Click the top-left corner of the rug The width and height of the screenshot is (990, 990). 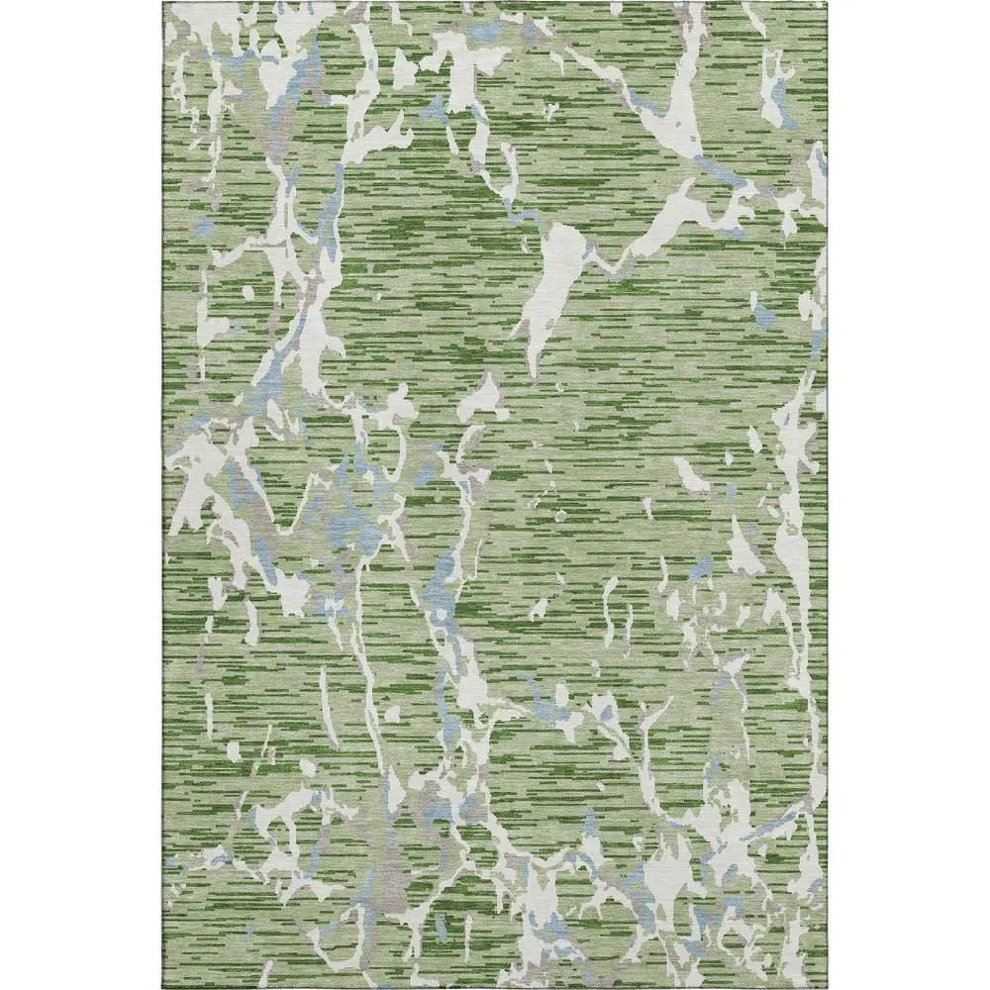click(x=160, y=3)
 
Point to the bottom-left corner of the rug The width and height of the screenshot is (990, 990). click(x=160, y=987)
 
